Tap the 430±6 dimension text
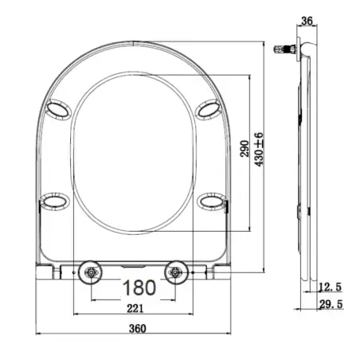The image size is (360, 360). pyautogui.click(x=260, y=148)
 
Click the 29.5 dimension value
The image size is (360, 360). pyautogui.click(x=330, y=305)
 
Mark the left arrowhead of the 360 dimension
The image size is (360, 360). pyautogui.click(x=38, y=328)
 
